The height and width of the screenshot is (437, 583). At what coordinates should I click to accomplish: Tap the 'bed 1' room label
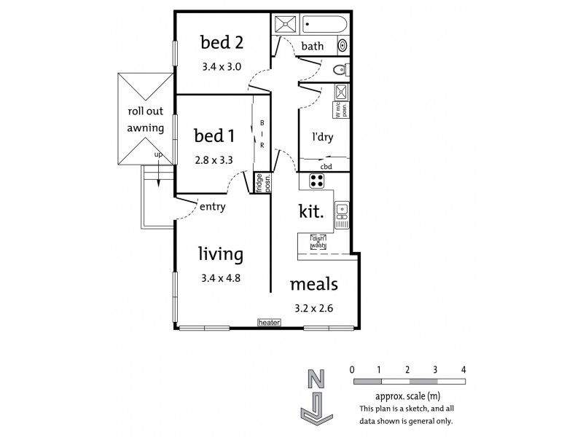click(x=214, y=136)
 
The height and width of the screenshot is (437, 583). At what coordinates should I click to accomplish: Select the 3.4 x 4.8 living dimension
click(x=221, y=277)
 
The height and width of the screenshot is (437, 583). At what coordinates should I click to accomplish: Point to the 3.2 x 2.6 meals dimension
click(x=313, y=307)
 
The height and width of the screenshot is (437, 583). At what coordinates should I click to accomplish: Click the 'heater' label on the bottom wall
click(x=268, y=321)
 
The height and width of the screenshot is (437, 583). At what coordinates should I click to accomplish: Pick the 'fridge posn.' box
click(x=259, y=183)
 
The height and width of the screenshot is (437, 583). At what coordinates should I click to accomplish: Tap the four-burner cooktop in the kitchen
click(x=317, y=181)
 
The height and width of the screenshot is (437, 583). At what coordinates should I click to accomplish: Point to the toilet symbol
click(x=339, y=71)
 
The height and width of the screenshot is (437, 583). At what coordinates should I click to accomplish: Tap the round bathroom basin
click(x=343, y=46)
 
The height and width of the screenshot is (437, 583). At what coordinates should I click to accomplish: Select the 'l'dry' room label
click(x=323, y=136)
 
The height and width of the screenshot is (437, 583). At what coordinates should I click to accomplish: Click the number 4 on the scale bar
click(x=463, y=369)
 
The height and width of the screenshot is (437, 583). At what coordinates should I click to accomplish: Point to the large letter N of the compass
click(x=316, y=379)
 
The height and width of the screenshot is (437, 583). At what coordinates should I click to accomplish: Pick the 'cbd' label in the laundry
click(x=326, y=166)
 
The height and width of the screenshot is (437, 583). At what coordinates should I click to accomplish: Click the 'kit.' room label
click(x=312, y=212)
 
